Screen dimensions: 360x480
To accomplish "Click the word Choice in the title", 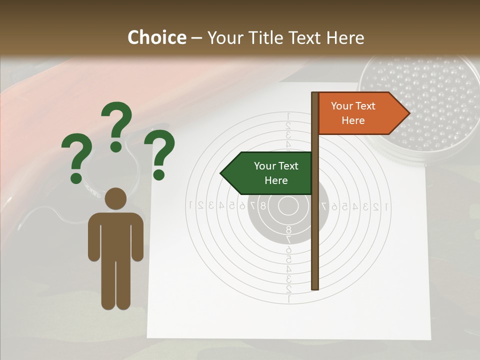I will pos(156,37).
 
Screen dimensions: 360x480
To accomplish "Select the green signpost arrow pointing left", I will pos(267,173).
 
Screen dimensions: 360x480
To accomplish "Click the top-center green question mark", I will pos(117,126).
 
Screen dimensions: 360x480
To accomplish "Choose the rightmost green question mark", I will pos(159,154).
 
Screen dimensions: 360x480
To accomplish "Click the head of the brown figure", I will pos(116,198).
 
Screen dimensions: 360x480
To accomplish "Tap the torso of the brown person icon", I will pos(116,235).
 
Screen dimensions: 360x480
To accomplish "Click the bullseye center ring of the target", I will pos(287,205).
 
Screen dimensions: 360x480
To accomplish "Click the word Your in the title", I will pos(224,37).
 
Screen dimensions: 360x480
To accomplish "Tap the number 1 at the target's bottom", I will pos(288,299).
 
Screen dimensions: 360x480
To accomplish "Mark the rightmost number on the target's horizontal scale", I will pos(385,205).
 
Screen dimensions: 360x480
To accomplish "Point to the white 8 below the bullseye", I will pos(288,229).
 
